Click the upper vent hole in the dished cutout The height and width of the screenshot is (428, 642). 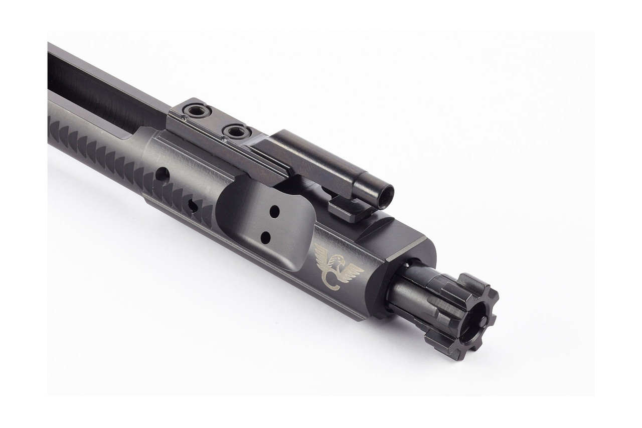tap(274, 212)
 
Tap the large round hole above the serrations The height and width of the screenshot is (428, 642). tap(162, 174)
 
